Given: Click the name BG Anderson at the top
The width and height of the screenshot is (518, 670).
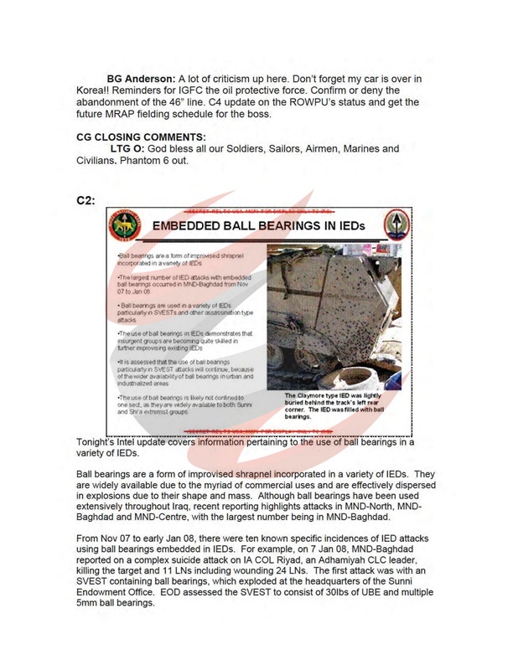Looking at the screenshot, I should click(x=127, y=79).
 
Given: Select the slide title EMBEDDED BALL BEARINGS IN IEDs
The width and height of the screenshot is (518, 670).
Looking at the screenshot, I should click(x=258, y=226).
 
